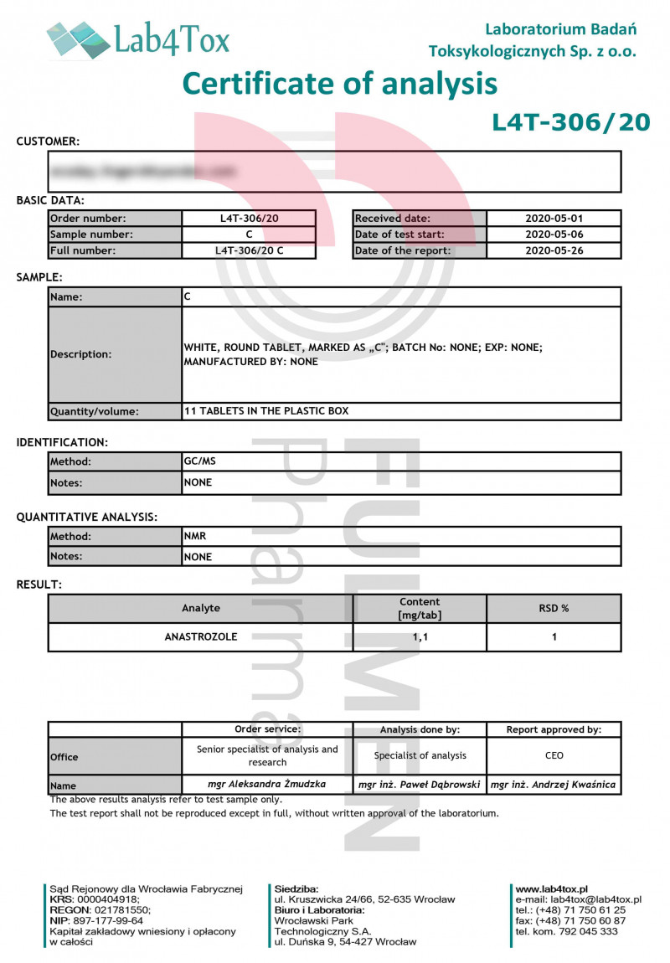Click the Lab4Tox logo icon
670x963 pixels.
79,39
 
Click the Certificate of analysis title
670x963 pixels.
339,84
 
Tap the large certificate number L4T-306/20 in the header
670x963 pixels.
570,122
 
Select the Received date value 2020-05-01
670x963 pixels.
553,219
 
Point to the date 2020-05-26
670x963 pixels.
553,250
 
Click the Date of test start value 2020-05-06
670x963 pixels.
553,234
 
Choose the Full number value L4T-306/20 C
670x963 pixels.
249,250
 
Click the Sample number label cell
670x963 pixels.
115,234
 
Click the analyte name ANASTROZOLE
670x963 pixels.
200,636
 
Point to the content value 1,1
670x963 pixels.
420,637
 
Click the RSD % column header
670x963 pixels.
554,609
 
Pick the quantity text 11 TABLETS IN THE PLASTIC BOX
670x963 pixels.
266,411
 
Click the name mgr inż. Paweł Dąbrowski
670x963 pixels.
420,785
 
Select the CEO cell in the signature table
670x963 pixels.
554,755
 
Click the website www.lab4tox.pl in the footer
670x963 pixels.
551,888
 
